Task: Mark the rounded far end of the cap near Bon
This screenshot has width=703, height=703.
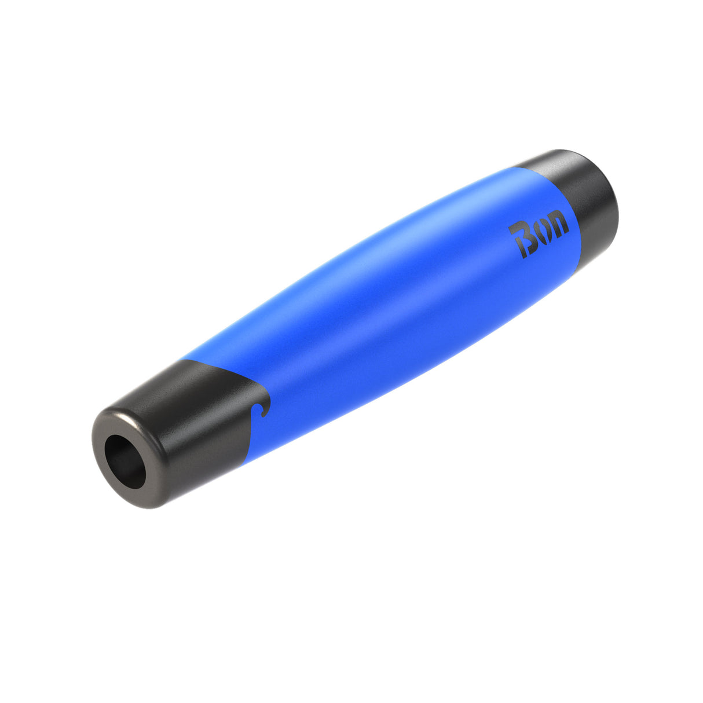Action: coord(611,203)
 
